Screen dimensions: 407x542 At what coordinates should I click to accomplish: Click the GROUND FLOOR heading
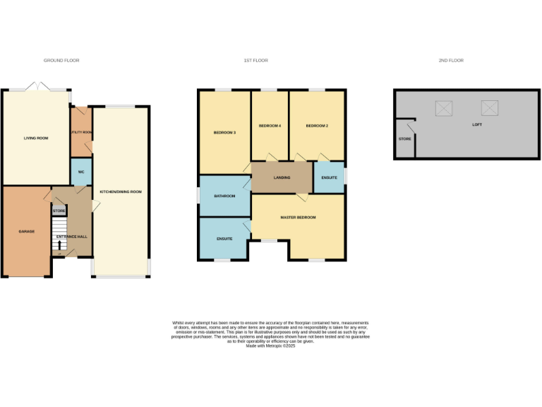coord(61,61)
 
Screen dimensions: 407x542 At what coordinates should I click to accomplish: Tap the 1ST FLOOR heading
coord(255,61)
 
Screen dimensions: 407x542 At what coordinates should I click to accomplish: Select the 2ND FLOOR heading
coord(451,61)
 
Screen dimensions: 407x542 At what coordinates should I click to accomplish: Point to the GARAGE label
coord(26,231)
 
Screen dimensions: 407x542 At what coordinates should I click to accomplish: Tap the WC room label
coord(81,171)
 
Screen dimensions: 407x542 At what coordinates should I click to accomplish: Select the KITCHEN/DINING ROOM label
coord(121,191)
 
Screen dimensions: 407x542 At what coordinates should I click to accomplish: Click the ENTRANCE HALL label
coord(72,236)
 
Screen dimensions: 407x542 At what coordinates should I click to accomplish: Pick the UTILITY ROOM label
coord(81,132)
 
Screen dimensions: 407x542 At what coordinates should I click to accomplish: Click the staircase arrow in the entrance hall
coord(59,245)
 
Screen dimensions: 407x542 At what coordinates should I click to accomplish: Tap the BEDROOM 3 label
coord(224,132)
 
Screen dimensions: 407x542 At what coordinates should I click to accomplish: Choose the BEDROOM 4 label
coord(270,126)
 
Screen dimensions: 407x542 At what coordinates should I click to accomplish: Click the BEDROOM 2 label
coord(317,126)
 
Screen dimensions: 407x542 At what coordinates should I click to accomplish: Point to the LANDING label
coord(282,177)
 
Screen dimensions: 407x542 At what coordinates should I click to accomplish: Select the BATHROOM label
coord(224,196)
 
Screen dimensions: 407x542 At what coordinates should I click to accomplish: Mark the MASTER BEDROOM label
coord(298,217)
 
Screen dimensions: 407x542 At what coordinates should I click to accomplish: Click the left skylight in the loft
coord(444,108)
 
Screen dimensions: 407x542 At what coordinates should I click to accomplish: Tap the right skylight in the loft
coord(490,108)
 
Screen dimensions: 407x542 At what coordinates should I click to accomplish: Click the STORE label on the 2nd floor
coord(404,138)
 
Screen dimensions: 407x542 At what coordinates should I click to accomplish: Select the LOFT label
coord(478,124)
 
